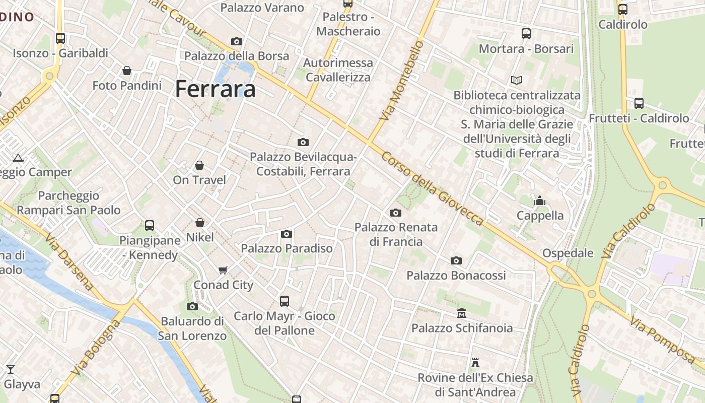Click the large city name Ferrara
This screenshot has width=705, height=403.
216,89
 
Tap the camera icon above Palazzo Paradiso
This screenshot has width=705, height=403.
287,234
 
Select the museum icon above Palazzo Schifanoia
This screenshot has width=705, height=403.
462,313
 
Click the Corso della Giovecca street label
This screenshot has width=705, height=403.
432,188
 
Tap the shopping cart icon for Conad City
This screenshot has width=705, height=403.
223,270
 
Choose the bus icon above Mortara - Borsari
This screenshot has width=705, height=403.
526,34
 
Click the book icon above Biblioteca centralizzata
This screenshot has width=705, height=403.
517,80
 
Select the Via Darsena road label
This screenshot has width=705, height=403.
69,261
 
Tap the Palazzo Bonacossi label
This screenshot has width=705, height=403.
456,276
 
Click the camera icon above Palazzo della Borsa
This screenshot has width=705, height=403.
237,41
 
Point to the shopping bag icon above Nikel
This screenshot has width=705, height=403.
200,223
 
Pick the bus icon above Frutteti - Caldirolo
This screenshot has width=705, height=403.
639,103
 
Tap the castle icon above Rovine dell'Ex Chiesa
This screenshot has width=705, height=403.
475,363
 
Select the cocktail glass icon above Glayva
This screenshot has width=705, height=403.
10,369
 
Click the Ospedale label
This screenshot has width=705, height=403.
568,253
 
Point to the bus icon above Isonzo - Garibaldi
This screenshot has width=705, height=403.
60,38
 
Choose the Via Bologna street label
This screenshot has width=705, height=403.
96,347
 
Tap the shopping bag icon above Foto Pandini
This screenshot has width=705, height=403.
127,71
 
